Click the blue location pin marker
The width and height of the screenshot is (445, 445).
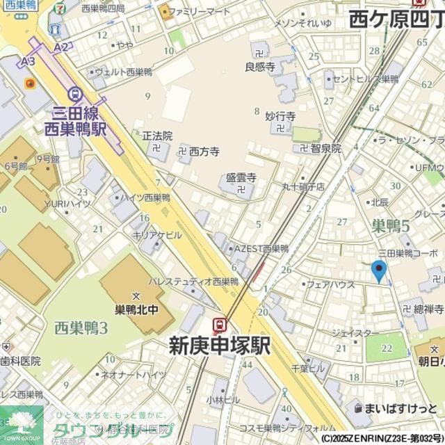click(x=379, y=270)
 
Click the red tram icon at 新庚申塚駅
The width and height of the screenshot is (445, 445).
click(x=220, y=324)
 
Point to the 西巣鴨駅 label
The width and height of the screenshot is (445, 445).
click(x=74, y=129)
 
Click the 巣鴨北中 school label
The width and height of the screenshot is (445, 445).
click(x=136, y=309)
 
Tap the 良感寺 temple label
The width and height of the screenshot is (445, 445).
click(x=260, y=67)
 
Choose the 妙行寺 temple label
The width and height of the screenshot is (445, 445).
click(x=280, y=116)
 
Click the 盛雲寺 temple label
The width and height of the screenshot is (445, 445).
click(x=241, y=178)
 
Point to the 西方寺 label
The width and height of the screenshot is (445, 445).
click(x=204, y=151)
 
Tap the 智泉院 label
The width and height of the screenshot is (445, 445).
click(x=325, y=148)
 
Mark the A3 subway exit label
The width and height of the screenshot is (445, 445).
click(x=28, y=62)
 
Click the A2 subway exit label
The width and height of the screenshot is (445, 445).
click(x=61, y=47)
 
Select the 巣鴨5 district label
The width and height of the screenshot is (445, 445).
click(x=390, y=225)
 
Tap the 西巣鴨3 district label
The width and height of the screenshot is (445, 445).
click(x=81, y=327)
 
